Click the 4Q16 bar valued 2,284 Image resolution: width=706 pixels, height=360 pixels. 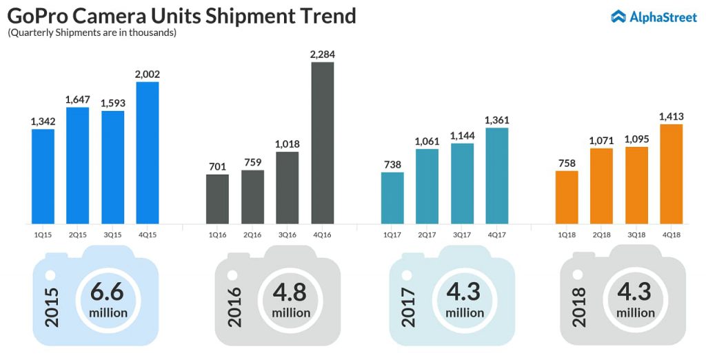click(323, 143)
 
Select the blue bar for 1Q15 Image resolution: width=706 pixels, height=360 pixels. click(43, 176)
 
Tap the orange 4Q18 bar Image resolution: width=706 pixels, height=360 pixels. click(672, 174)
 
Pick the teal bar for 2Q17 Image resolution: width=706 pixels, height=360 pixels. click(427, 186)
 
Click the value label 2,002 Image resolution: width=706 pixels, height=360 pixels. click(148, 74)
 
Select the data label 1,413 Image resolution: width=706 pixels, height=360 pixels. click(672, 116)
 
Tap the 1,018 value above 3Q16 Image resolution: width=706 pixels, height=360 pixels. click(288, 143)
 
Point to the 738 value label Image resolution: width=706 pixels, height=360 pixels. click(392, 164)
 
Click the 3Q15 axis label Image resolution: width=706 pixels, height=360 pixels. click(112, 234)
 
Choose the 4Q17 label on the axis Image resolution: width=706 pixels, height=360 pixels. click(497, 234)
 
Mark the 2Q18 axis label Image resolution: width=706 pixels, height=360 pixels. click(602, 234)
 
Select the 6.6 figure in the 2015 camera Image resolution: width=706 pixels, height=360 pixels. click(108, 292)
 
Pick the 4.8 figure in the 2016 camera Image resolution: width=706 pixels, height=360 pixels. click(290, 292)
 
